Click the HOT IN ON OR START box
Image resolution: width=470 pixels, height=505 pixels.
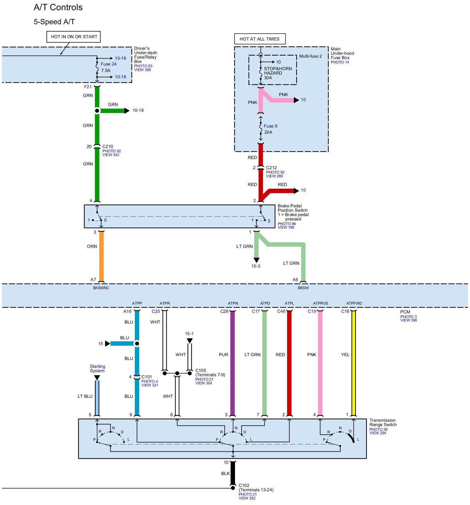pyautogui.click(x=74, y=37)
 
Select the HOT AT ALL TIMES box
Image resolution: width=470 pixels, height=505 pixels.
pyautogui.click(x=259, y=39)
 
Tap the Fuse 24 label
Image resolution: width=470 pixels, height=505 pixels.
pyautogui.click(x=108, y=64)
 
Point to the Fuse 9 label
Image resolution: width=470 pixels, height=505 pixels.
pyautogui.click(x=270, y=126)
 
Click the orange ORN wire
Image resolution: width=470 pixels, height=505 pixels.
pyautogui.click(x=101, y=256)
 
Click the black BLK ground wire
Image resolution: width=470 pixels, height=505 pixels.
pyautogui.click(x=233, y=473)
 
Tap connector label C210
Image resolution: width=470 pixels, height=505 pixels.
pyautogui.click(x=108, y=146)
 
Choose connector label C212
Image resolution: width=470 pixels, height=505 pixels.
pyautogui.click(x=271, y=168)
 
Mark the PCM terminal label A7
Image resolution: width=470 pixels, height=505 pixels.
pyautogui.click(x=93, y=280)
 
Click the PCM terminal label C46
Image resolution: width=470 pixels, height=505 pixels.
pyautogui.click(x=281, y=311)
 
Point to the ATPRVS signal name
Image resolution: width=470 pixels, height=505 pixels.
pyautogui.click(x=320, y=303)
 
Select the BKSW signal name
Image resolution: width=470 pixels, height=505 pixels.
pyautogui.click(x=303, y=288)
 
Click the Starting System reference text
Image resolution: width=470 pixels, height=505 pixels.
pyautogui.click(x=97, y=368)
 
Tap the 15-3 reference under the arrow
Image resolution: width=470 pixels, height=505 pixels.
pyautogui.click(x=256, y=266)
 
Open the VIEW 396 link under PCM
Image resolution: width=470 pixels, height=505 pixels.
pyautogui.click(x=409, y=320)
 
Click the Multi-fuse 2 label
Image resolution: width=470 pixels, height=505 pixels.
pyautogui.click(x=310, y=56)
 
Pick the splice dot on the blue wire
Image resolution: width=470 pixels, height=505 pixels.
pyautogui.click(x=137, y=344)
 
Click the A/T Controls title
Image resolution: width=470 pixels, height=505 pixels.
pyautogui.click(x=58, y=7)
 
